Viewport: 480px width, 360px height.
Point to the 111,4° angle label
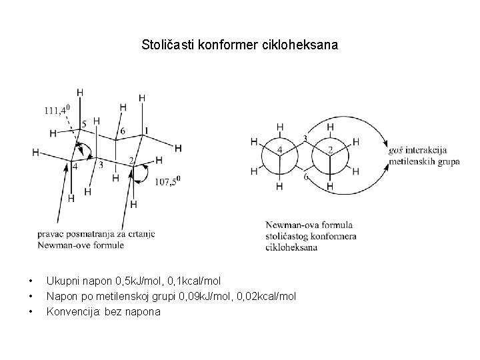click(x=57, y=110)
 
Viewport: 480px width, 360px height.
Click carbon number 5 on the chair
click(x=83, y=125)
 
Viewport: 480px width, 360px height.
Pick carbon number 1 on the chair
click(x=147, y=129)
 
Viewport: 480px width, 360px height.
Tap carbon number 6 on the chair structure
click(x=121, y=131)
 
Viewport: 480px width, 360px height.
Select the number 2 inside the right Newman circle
click(x=331, y=149)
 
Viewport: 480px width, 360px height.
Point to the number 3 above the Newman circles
click(x=305, y=139)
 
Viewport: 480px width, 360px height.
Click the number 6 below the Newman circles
click(x=305, y=177)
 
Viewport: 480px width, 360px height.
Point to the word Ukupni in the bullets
click(x=61, y=282)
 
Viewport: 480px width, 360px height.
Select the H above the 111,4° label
click(x=81, y=92)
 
